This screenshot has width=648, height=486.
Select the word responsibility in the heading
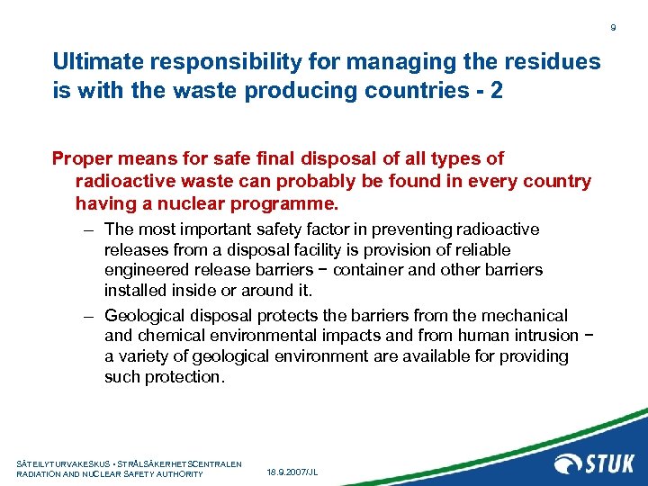[213, 62]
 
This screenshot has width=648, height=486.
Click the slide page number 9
[613, 29]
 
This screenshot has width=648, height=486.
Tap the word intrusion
[536, 336]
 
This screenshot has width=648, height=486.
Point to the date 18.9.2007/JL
[293, 472]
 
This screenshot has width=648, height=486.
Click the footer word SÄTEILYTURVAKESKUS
[62, 463]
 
